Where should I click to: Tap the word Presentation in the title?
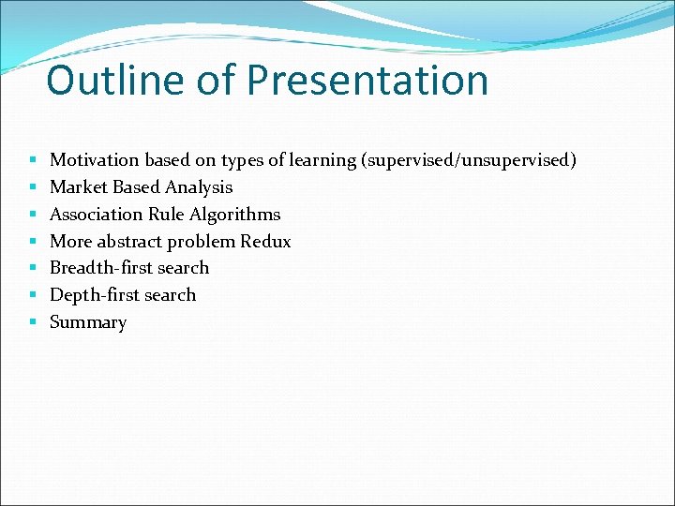(x=367, y=81)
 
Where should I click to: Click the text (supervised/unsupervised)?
(x=468, y=160)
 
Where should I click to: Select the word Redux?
(x=265, y=242)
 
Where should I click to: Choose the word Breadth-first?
(x=101, y=268)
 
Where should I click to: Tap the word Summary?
(x=87, y=322)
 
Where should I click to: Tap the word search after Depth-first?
(x=171, y=295)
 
